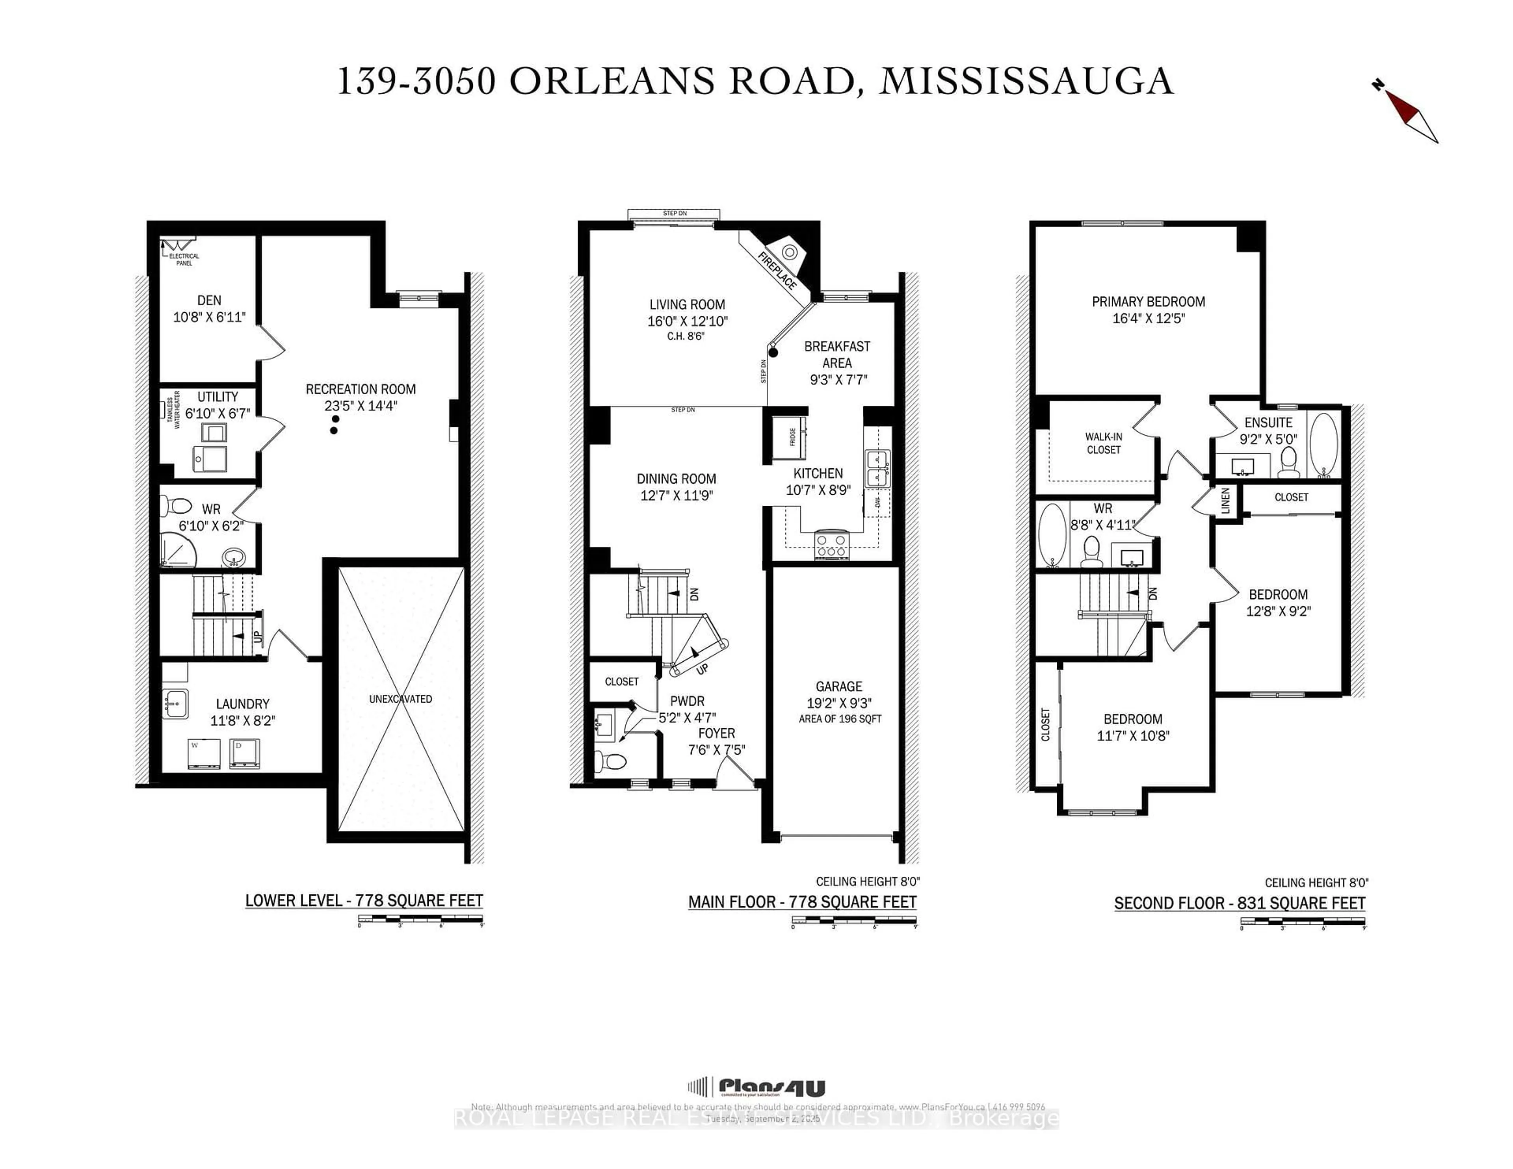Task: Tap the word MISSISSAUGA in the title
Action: (1026, 82)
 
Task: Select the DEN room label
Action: (209, 301)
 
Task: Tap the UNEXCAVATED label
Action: (400, 699)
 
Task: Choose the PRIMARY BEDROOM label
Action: (1148, 302)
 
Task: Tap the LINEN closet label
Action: (1225, 501)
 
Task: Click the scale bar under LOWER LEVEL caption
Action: (420, 920)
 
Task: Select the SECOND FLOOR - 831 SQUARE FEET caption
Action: (1239, 904)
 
